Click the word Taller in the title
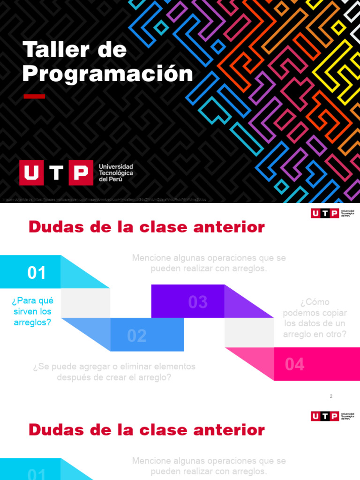[x=51, y=50]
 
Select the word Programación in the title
[x=108, y=74]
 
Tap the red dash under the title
[x=34, y=97]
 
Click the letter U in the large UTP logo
[x=31, y=173]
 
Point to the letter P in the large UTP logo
[x=81, y=173]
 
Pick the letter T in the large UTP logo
[x=56, y=173]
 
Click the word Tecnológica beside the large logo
[x=116, y=173]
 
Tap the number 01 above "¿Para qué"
[x=37, y=273]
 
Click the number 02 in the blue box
[x=137, y=336]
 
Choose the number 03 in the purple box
[x=198, y=302]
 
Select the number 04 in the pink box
[x=295, y=364]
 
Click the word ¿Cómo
[x=315, y=302]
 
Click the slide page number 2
[x=331, y=397]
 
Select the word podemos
[x=299, y=313]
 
